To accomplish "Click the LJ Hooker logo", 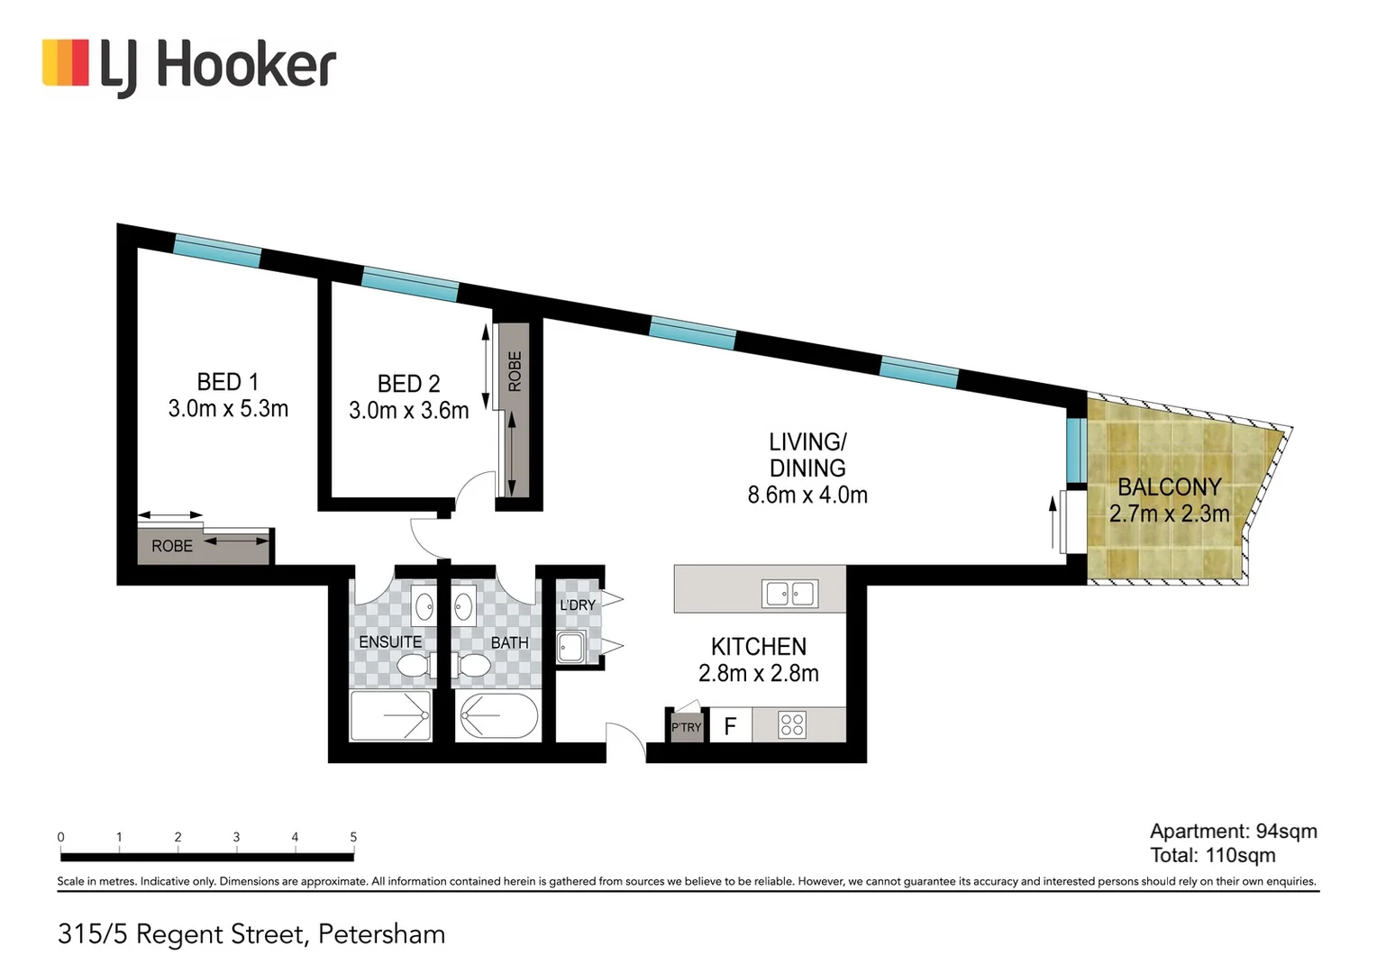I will coord(188,67).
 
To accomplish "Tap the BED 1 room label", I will coord(227,382).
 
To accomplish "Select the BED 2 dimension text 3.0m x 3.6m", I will coord(408,411).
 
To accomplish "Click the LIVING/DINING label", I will coord(807,455).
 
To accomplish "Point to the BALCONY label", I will coord(1169,487).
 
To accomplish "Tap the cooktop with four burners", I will coord(792,724).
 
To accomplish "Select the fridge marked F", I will coord(730,725).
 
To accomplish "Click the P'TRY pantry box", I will coord(686,726).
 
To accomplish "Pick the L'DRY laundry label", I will coord(577,605).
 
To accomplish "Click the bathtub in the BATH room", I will coord(498,716).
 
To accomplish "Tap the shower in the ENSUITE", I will coord(391,716).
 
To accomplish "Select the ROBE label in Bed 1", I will coord(172,546).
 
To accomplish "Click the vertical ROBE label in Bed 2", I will coord(515,371).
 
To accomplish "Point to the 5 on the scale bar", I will coord(353,837).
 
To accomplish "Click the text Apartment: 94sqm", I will coord(1233,832).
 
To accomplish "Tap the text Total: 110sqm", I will coord(1212,856).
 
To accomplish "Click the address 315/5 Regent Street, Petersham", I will coord(251,934).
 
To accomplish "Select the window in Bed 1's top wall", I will coord(217,250).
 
